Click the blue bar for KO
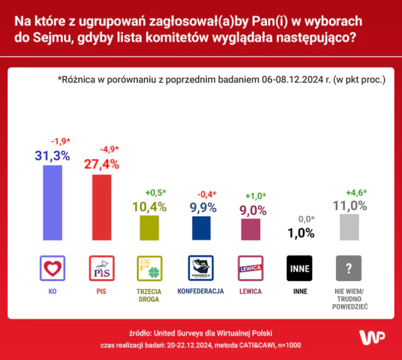[52, 202]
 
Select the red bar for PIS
[102, 207]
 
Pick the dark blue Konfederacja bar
[201, 228]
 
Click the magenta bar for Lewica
[250, 229]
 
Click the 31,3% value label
[52, 156]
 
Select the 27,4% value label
[102, 164]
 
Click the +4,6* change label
[357, 193]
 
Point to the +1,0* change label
[256, 196]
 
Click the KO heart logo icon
[52, 268]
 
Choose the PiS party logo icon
[102, 268]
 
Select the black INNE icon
[299, 268]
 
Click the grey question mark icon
[348, 268]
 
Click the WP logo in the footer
[372, 338]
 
